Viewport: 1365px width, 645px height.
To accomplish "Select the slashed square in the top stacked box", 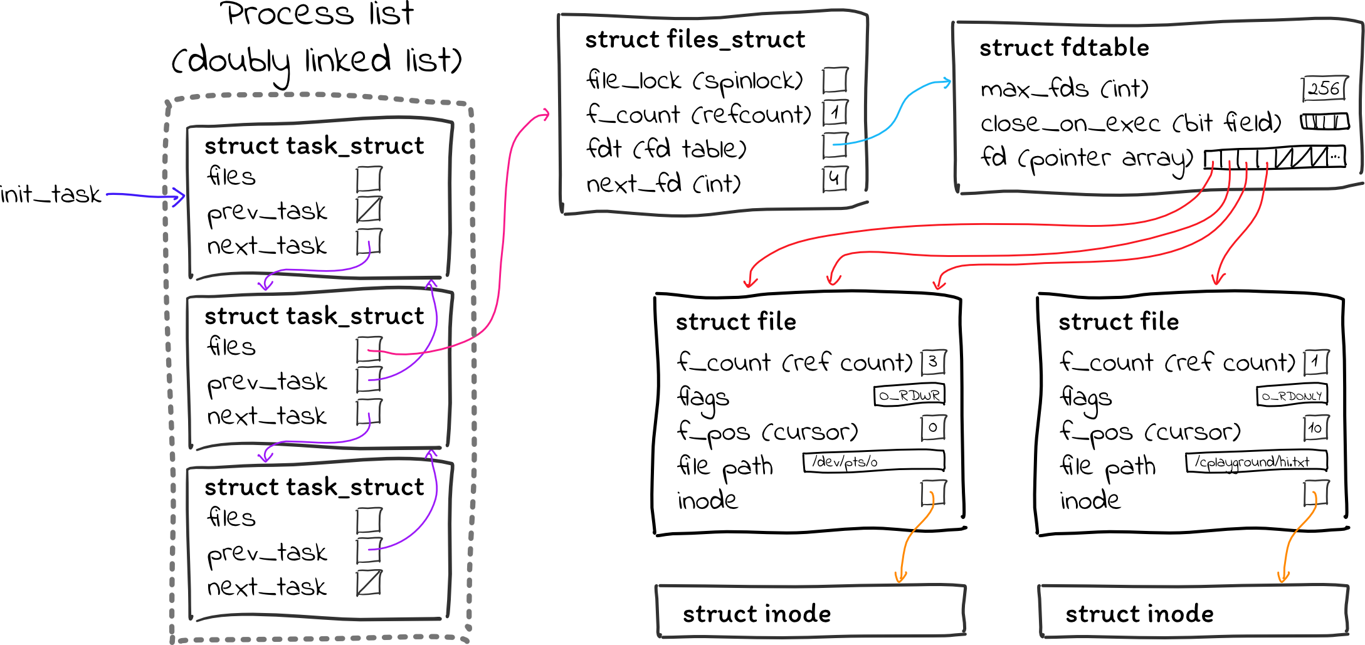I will point(369,209).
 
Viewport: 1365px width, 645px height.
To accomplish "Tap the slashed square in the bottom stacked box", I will point(369,582).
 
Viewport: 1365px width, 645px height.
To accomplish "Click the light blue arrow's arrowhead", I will point(949,82).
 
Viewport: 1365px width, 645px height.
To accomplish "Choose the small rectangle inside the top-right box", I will point(1324,88).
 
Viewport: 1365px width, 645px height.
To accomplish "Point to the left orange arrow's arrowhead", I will point(900,580).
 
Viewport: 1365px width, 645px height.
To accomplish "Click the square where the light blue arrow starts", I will point(835,145).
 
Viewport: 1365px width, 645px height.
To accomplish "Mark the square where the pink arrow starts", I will point(369,350).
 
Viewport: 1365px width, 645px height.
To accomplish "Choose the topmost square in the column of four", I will point(835,80).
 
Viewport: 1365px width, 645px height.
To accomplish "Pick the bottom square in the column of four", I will point(835,179).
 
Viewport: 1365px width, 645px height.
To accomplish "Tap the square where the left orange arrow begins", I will point(933,493).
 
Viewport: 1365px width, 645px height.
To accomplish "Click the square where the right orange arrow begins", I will point(1316,493).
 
